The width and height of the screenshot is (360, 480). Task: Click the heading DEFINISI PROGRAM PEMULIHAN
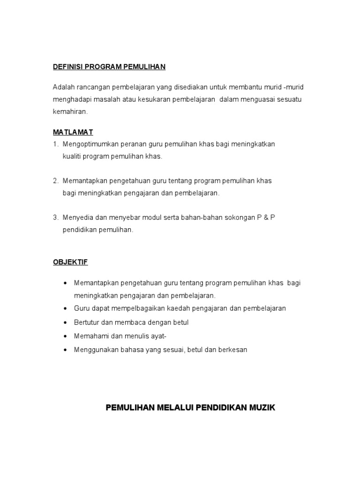click(x=109, y=67)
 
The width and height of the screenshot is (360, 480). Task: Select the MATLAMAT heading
click(x=73, y=133)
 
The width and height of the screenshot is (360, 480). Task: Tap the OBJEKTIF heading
click(x=70, y=262)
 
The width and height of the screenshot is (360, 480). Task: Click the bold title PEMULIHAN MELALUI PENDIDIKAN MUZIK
click(x=191, y=408)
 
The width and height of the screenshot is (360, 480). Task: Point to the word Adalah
click(x=63, y=88)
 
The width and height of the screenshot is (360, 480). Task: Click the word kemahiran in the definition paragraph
click(x=70, y=112)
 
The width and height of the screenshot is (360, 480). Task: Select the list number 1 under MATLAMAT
click(x=55, y=144)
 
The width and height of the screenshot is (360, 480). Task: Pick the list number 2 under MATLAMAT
click(x=55, y=181)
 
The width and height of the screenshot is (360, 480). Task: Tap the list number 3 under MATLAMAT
click(x=55, y=217)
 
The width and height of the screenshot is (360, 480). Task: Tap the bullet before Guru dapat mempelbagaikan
click(x=65, y=309)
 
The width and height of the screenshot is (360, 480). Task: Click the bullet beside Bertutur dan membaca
click(x=65, y=323)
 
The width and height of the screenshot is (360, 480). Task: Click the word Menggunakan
click(x=94, y=350)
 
